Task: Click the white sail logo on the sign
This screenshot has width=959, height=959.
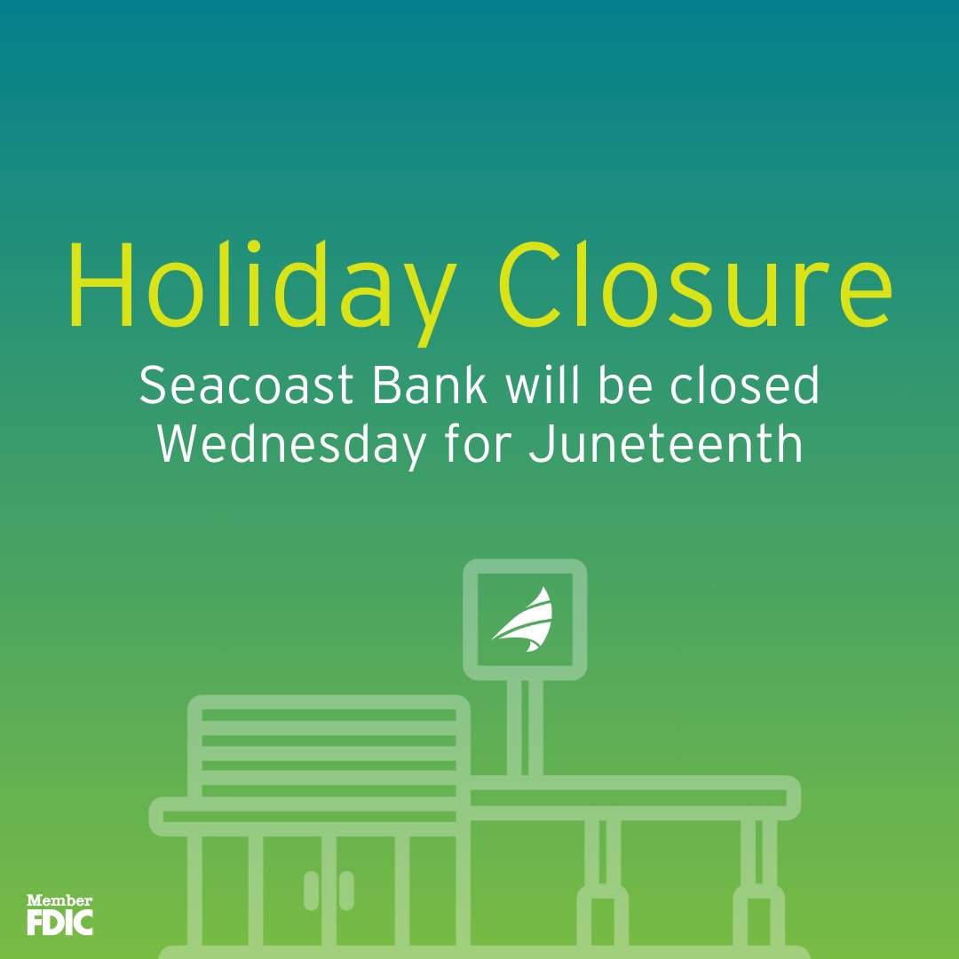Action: [525, 620]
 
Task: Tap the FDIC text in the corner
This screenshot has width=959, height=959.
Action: [59, 922]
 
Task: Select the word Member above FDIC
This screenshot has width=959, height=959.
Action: [59, 900]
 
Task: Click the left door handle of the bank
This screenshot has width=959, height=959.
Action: [312, 890]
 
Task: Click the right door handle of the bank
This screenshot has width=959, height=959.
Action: [346, 890]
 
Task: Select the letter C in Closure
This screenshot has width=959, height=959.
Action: [534, 282]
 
